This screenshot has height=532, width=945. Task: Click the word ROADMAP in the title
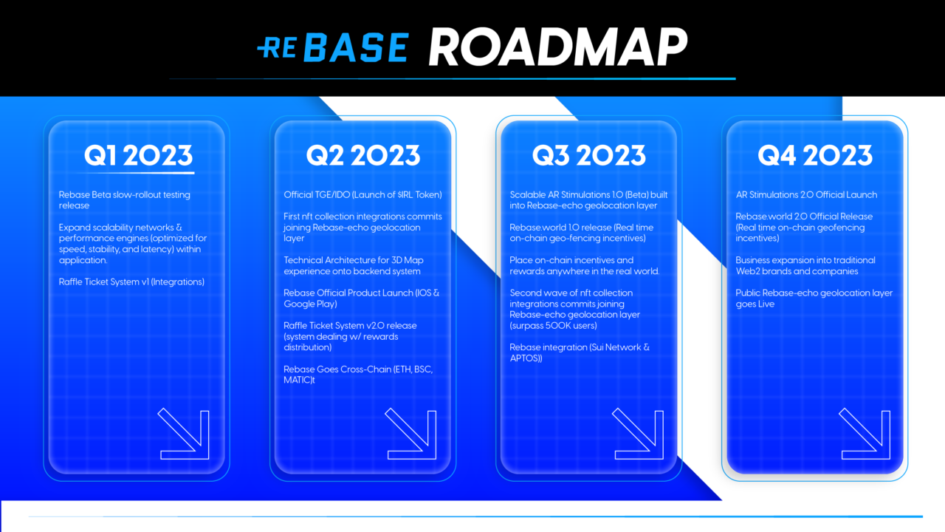(x=557, y=47)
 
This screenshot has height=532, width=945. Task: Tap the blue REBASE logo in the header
(x=333, y=47)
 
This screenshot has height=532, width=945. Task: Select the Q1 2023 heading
(x=138, y=155)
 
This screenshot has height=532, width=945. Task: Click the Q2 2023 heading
(x=363, y=155)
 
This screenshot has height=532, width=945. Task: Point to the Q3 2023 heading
(x=589, y=155)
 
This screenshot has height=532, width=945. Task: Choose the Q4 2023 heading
(x=815, y=155)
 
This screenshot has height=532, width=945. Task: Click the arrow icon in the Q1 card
(x=184, y=434)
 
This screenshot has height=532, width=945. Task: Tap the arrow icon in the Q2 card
(x=411, y=434)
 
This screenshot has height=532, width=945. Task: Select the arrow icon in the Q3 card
(x=638, y=434)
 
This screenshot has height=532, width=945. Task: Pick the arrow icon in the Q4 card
(x=865, y=434)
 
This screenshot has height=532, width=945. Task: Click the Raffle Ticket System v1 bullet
(x=131, y=282)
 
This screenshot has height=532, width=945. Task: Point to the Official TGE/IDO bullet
(x=362, y=194)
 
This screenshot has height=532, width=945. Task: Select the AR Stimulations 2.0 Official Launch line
(x=806, y=194)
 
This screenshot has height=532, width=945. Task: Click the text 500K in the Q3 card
(x=565, y=326)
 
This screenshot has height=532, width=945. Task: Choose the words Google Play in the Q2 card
(x=309, y=304)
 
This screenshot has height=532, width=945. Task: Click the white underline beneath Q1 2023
(x=140, y=173)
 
